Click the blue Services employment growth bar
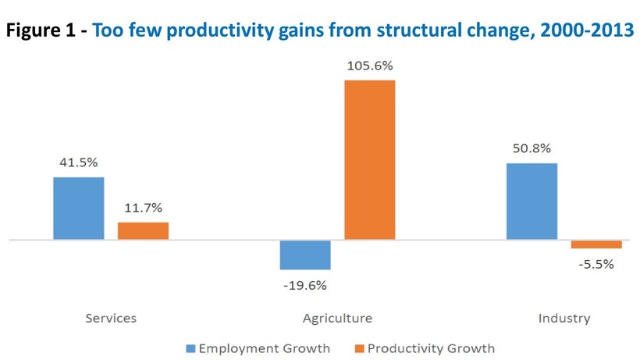[79, 209]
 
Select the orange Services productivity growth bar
[144, 230]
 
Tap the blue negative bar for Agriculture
[305, 255]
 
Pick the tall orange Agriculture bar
[370, 159]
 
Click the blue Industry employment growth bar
[532, 201]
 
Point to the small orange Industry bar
[596, 244]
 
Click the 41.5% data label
[79, 162]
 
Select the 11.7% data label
[144, 208]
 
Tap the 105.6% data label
[370, 66]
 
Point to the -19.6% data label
[305, 285]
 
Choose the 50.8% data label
[532, 148]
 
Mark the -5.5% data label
[596, 265]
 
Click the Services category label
[111, 318]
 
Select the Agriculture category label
[337, 319]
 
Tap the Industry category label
[564, 319]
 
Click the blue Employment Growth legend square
[190, 348]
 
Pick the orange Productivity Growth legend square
[359, 348]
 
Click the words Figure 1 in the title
[41, 30]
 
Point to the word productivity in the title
[220, 31]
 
